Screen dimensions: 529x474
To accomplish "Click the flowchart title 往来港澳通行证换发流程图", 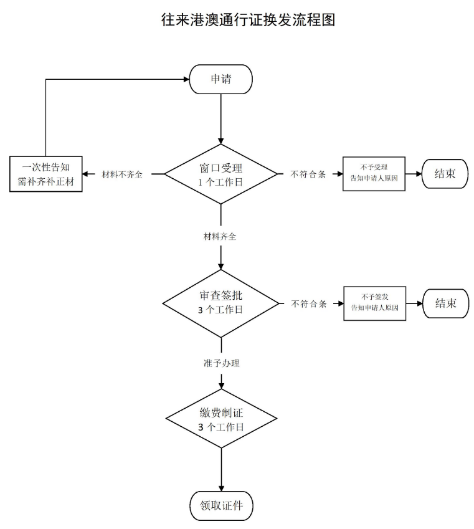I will (x=249, y=20).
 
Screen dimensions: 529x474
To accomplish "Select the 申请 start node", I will (x=220, y=79).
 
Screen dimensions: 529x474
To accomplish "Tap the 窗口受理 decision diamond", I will (x=220, y=174).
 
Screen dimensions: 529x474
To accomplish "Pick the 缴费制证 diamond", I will (x=221, y=421).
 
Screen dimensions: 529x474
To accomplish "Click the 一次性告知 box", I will (x=47, y=174).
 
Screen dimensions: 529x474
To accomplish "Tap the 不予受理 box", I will (x=374, y=174).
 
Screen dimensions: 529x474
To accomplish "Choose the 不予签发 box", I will (x=374, y=303).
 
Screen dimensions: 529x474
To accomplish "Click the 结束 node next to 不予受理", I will (x=445, y=174).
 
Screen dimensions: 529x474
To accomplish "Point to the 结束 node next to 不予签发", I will (x=445, y=303).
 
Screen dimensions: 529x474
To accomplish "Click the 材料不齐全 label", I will (x=122, y=174).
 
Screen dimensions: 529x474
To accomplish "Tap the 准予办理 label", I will (x=221, y=363).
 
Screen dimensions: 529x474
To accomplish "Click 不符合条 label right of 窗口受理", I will (x=308, y=174).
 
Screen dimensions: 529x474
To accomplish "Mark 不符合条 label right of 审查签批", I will (x=309, y=304).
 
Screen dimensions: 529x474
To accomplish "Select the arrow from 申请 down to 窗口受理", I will (x=220, y=118).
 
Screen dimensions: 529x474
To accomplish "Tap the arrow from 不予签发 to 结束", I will (x=414, y=303).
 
